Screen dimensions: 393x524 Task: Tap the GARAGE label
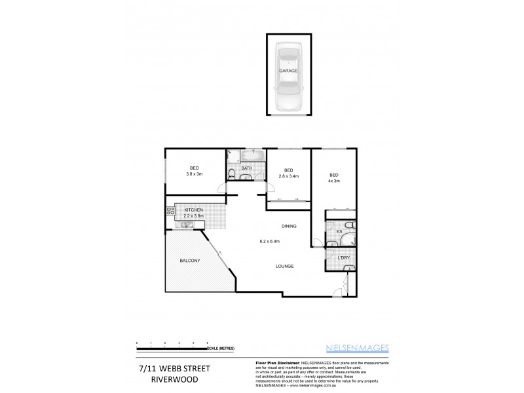pyautogui.click(x=288, y=70)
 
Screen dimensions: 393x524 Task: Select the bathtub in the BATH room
pyautogui.click(x=252, y=157)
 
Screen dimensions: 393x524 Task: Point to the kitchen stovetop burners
pyautogui.click(x=171, y=211)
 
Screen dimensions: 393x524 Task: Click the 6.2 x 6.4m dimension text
pyautogui.click(x=269, y=241)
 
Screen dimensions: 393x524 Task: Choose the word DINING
pyautogui.click(x=289, y=226)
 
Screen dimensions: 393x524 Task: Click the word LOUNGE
pyautogui.click(x=284, y=266)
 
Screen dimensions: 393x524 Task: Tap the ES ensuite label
pyautogui.click(x=339, y=231)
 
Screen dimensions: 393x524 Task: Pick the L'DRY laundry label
pyautogui.click(x=343, y=257)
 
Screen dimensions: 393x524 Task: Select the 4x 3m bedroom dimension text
pyautogui.click(x=334, y=181)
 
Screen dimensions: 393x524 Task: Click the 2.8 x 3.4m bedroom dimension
pyautogui.click(x=288, y=176)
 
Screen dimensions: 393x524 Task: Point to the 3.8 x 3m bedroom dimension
pyautogui.click(x=195, y=174)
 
